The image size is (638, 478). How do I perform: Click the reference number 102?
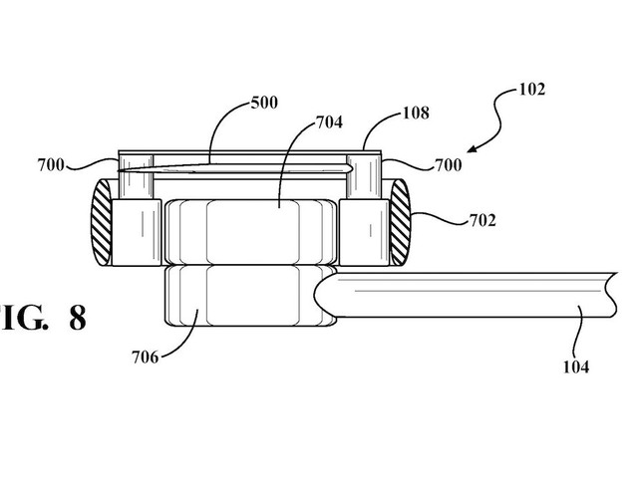tap(531, 89)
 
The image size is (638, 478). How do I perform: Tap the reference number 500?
tap(264, 103)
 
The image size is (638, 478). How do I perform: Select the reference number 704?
tap(329, 121)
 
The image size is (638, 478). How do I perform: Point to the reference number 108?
tap(416, 113)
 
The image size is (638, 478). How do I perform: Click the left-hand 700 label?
tap(51, 165)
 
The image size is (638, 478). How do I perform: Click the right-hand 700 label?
tap(449, 165)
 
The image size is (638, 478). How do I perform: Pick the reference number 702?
tap(482, 220)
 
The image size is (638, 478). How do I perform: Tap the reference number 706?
tap(145, 358)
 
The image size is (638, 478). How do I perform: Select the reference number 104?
tap(576, 367)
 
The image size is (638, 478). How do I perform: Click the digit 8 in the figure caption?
tap(78, 318)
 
